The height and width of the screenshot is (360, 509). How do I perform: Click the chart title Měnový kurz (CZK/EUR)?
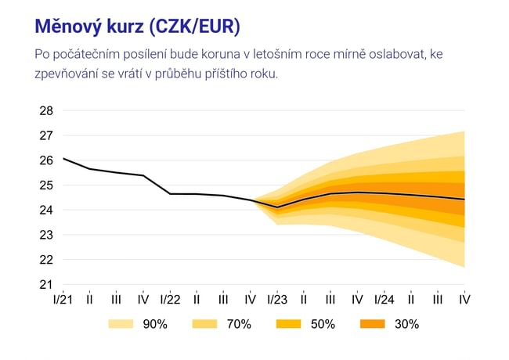click(x=138, y=27)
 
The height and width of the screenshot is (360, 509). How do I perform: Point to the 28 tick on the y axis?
click(x=46, y=110)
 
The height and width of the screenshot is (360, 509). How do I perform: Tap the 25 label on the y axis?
click(x=46, y=185)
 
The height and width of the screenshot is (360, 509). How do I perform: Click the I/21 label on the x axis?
click(x=63, y=300)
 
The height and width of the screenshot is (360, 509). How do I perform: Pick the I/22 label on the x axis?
click(x=170, y=300)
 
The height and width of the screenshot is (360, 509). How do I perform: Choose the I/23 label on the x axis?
click(x=277, y=300)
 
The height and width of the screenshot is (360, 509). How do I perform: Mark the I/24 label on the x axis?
click(x=384, y=300)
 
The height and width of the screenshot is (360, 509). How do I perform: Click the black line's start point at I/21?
click(x=63, y=159)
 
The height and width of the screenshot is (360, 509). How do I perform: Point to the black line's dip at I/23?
click(x=277, y=207)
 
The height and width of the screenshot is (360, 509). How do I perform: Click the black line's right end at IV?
click(x=464, y=200)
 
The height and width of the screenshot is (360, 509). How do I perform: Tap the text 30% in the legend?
click(x=407, y=324)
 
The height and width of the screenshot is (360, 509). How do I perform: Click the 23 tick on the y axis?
click(x=46, y=235)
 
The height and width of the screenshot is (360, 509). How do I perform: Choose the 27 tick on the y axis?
click(x=46, y=135)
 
